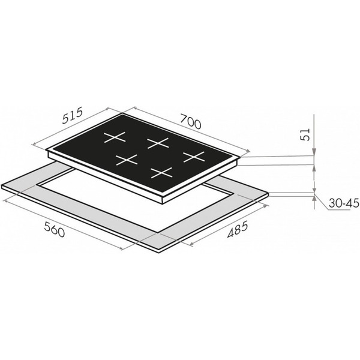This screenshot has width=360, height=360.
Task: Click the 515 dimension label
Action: click(73, 116)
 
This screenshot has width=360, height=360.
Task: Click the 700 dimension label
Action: click(190, 122)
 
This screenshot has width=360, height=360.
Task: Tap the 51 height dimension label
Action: click(305, 134)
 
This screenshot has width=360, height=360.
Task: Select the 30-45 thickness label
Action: click(343, 203)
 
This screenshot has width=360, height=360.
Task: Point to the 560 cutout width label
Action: click(55, 230)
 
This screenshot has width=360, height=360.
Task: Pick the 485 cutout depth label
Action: click(238, 229)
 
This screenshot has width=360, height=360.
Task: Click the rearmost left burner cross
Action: click(115, 137)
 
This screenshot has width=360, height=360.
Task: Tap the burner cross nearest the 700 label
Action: click(158, 143)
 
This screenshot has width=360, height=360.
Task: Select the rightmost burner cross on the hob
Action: click(194, 157)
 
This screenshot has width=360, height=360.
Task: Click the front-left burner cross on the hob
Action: click(127, 160)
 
